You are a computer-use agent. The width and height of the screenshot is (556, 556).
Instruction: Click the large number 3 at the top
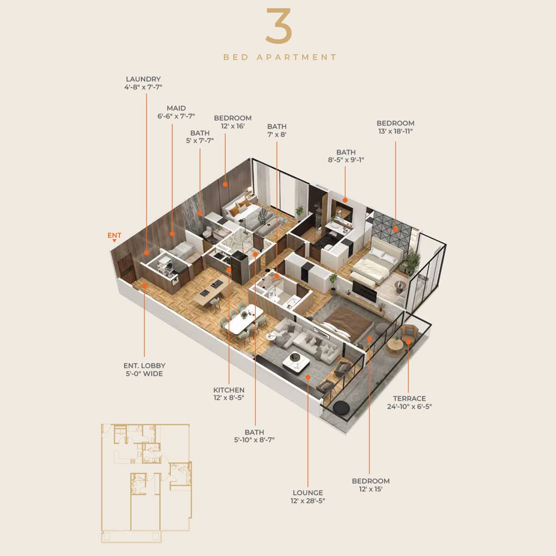point(279,26)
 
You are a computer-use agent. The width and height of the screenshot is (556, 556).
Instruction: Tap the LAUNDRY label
point(143,79)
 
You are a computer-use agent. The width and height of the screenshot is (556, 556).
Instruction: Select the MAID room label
point(176,108)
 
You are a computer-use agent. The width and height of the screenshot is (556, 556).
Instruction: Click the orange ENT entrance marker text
point(114,235)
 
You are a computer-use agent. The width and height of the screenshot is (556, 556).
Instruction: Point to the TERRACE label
point(409,399)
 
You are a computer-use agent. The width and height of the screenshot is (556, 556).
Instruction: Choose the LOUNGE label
point(308,493)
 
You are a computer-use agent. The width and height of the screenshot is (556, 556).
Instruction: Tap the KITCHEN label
point(229,390)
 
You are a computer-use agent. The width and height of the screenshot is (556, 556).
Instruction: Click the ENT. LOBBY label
point(145,366)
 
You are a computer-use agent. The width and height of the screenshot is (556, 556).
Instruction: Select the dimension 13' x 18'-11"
point(395,131)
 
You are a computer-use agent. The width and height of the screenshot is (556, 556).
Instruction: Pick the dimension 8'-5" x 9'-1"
point(346,160)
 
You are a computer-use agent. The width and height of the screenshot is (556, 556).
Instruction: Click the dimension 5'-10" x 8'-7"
point(254,440)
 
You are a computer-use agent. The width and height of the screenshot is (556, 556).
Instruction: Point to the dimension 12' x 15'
point(370,489)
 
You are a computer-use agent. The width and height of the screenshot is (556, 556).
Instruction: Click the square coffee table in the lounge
point(296,363)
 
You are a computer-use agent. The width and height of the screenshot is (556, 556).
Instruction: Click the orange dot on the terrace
point(408,342)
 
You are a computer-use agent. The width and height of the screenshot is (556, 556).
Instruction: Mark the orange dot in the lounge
point(308,378)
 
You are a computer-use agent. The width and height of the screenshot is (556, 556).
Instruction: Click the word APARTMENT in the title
point(296,57)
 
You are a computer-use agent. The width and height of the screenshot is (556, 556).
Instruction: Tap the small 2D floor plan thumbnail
point(146,483)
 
